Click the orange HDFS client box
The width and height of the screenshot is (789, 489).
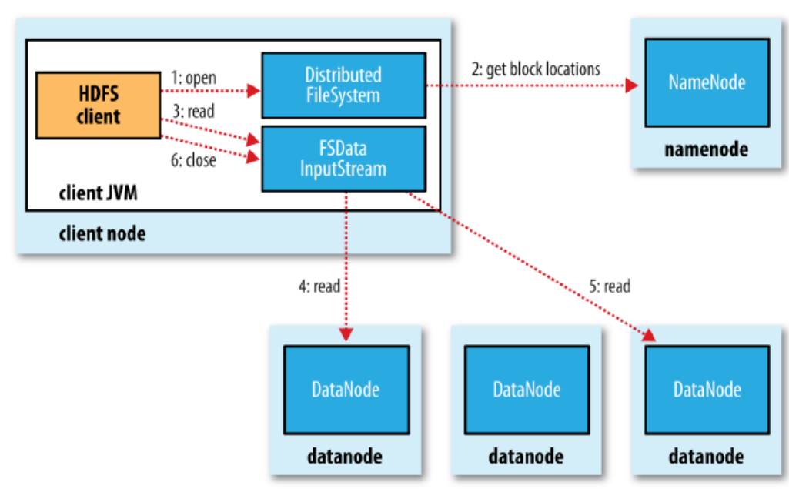98,106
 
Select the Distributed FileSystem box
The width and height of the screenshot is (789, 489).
343,85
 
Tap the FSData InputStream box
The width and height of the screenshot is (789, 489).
343,159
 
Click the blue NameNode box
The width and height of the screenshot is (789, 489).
707,82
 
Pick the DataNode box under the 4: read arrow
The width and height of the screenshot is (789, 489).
346,390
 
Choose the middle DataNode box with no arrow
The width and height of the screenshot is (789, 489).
527,390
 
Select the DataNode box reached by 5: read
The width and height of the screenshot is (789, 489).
707,390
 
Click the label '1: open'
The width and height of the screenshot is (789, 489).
194,78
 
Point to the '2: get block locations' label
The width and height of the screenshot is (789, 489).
536,69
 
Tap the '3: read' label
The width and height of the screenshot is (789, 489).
194,111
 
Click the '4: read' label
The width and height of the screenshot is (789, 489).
319,286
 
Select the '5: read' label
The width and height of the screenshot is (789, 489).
610,286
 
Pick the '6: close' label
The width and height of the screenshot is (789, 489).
194,160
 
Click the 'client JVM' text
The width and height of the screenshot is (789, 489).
98,193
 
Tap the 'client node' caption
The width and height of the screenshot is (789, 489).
102,233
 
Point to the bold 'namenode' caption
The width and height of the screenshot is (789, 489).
707,149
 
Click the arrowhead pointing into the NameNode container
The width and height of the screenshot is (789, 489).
632,85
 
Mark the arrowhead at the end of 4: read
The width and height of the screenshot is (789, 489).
346,334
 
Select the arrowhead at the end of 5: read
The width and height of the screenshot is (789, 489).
649,335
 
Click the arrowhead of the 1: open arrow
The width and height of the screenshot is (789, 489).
253,91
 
